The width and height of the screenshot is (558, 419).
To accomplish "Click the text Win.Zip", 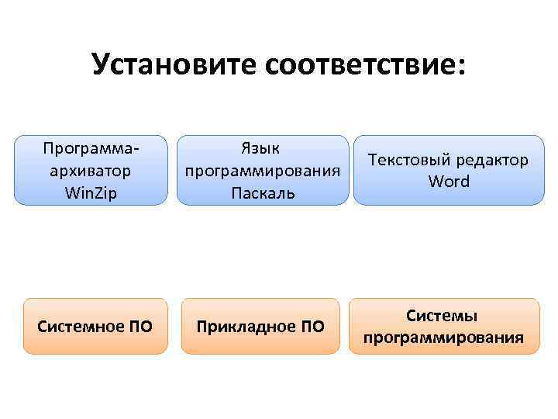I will pos(91,192).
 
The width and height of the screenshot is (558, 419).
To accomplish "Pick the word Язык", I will pos(260,147).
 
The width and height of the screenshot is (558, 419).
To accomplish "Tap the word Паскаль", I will pos(262,192).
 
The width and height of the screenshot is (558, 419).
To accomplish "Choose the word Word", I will pos(449,182).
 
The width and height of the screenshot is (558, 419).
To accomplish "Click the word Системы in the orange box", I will pos(443,316).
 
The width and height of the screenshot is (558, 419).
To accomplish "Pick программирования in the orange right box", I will pos(443,338).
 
